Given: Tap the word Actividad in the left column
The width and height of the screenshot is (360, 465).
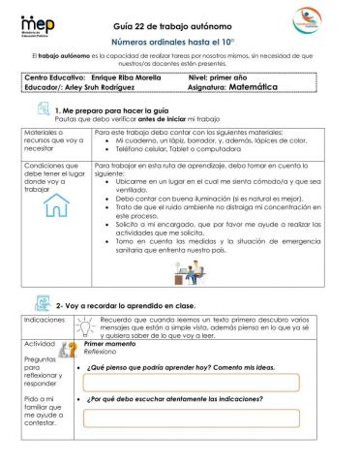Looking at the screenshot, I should (x=40, y=344).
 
